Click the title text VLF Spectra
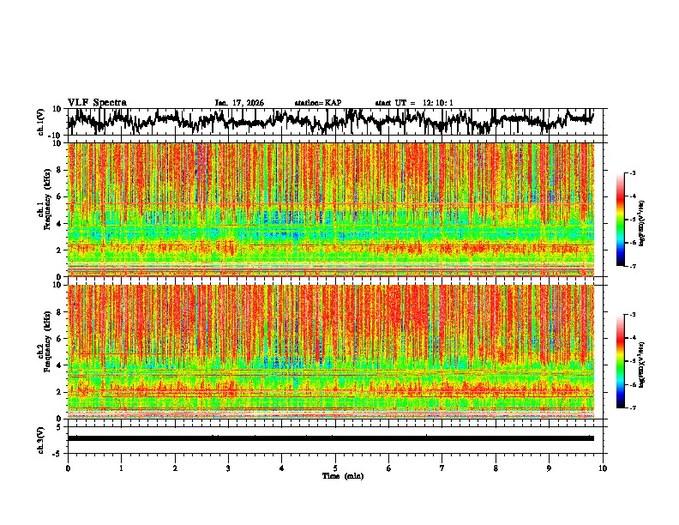click(x=97, y=103)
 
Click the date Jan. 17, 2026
click(x=239, y=103)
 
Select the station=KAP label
click(x=317, y=103)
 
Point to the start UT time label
click(x=414, y=103)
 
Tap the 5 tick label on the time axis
click(x=335, y=468)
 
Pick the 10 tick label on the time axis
click(x=604, y=468)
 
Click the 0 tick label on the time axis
click(x=68, y=468)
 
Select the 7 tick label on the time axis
click(x=442, y=468)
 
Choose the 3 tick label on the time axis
click(x=228, y=468)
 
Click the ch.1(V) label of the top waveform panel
click(x=41, y=122)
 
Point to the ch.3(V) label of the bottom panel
click(x=41, y=437)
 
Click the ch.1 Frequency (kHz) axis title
click(x=41, y=209)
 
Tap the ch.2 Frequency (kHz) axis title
click(x=41, y=352)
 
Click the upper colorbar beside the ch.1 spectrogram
click(x=622, y=220)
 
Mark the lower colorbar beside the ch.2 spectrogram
click(x=622, y=361)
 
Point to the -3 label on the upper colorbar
click(x=633, y=173)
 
